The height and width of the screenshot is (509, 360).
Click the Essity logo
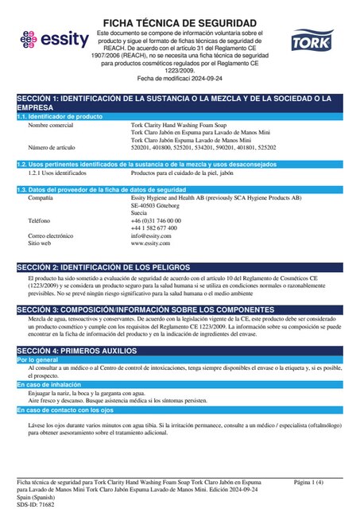48,39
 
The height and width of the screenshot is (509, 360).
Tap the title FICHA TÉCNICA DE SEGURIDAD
180,22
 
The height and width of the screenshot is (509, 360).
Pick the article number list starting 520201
203,147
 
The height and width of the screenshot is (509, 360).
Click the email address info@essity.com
151,235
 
